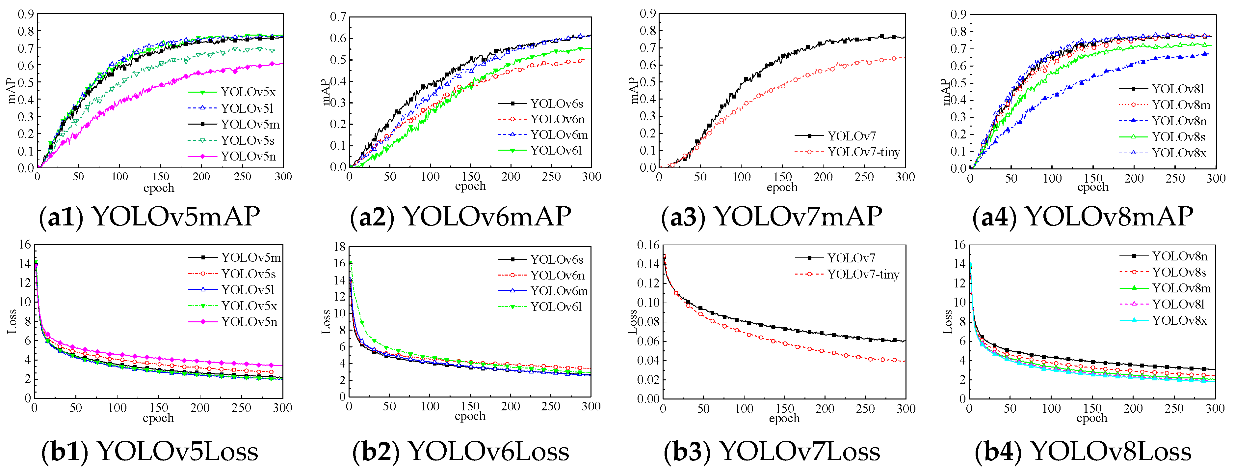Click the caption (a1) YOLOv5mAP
tap(149, 217)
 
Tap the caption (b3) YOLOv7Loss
tap(772, 451)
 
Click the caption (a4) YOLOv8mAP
tap(1083, 217)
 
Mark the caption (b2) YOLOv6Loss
tap(460, 451)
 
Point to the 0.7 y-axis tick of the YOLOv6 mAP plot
tap(338, 17)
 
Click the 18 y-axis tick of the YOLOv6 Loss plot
tap(339, 247)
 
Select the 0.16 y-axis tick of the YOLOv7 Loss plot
tap(648, 245)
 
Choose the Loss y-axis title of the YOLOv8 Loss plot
tap(948, 322)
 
